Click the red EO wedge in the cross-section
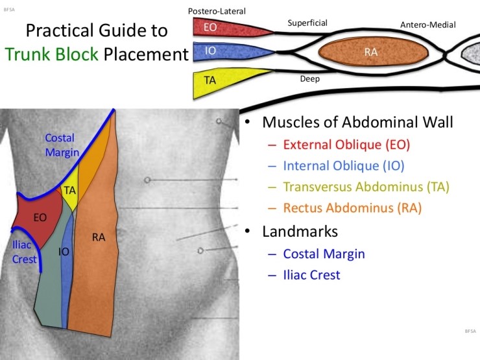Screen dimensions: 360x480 coord(224,27)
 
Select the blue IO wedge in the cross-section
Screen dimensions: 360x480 coord(224,52)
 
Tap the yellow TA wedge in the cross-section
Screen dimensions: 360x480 coord(221,80)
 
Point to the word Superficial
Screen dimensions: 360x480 coord(307,23)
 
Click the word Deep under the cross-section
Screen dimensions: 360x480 coord(309,78)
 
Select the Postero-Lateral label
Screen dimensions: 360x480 coord(217,11)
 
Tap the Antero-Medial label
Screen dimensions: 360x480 coord(427,25)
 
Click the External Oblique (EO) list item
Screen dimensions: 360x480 coord(346,143)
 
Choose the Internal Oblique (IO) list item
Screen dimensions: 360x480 coord(344,165)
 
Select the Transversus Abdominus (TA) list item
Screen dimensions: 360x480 coord(366,187)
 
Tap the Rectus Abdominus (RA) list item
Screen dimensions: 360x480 coord(352,208)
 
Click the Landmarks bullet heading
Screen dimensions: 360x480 coord(300,231)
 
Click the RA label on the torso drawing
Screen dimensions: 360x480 coord(99,237)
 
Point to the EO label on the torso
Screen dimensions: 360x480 coord(40,217)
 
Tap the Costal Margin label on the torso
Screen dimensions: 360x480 coord(61,145)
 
